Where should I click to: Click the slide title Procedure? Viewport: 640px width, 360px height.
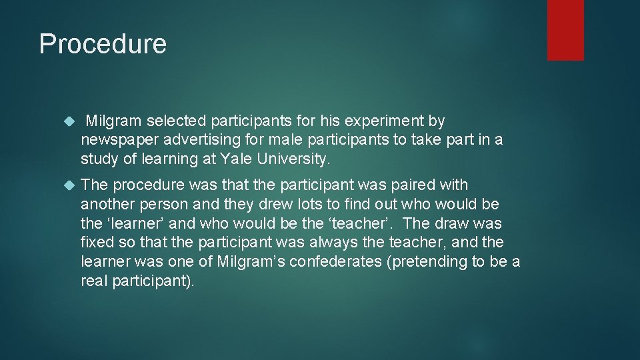pos(103,44)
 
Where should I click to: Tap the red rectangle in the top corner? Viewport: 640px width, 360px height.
pos(565,30)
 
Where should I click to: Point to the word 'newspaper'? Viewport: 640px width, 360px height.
pos(113,141)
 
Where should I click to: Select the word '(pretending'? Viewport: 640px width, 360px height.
pos(426,261)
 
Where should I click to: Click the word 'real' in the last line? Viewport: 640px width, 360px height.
pos(93,281)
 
